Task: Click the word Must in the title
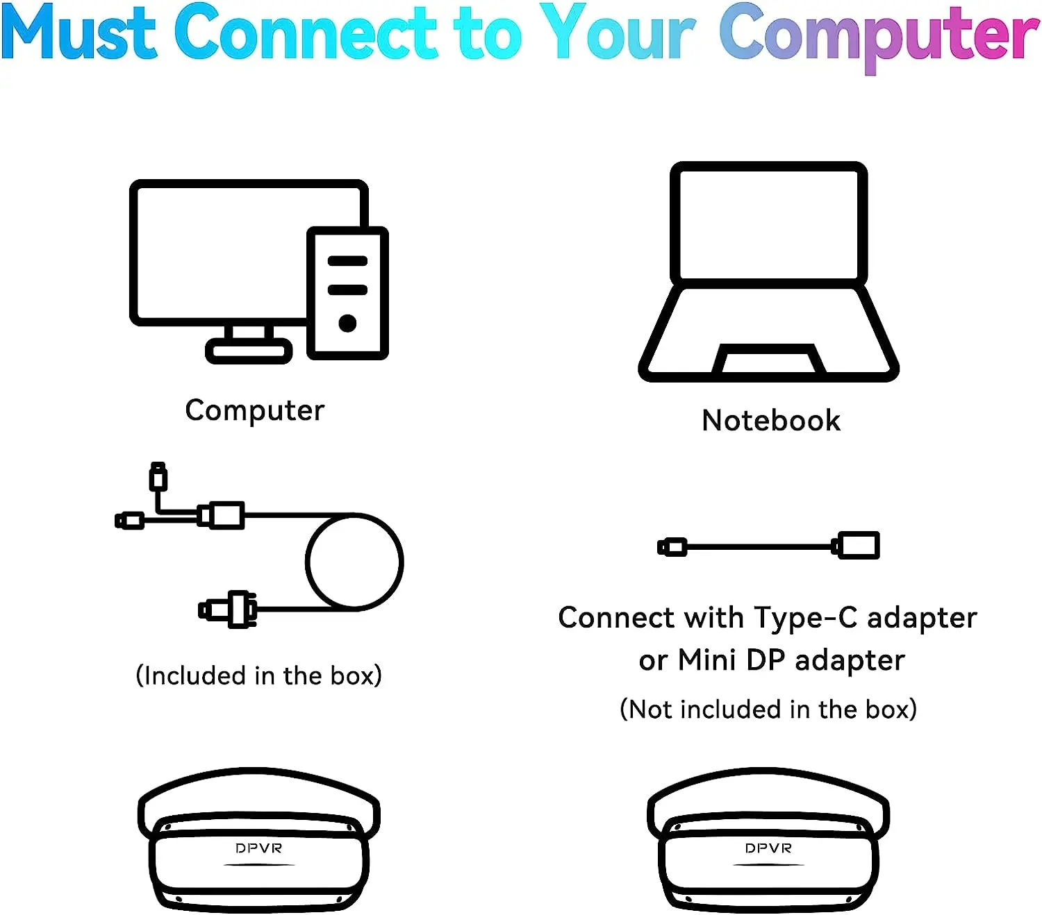(78, 32)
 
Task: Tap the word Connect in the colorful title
(306, 32)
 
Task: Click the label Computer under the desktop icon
(254, 411)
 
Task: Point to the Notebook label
(770, 421)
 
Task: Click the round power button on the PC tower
(347, 324)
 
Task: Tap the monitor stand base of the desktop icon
(249, 351)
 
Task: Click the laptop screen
(768, 224)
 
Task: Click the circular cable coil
(306, 562)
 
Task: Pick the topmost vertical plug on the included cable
(158, 476)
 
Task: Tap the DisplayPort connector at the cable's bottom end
(228, 609)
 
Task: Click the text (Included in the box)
(258, 675)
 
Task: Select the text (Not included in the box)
(768, 710)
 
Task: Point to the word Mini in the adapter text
(706, 660)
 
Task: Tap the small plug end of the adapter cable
(672, 547)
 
